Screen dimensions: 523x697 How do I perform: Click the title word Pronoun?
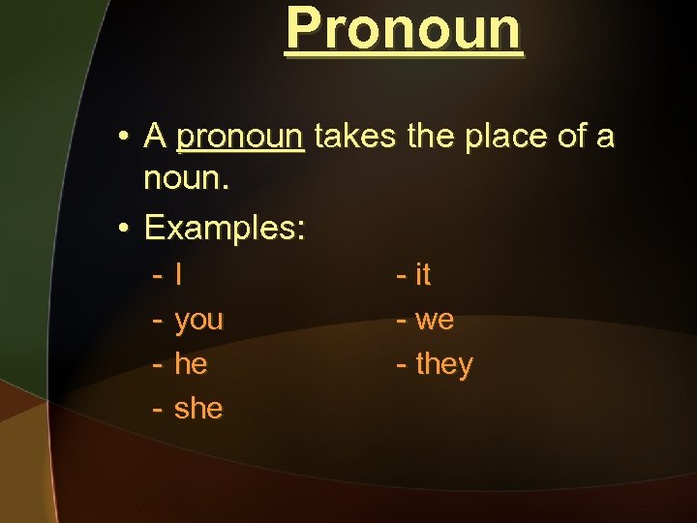point(404,29)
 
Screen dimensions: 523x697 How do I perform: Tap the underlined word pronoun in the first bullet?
point(241,138)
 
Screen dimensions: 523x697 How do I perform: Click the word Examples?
point(225,229)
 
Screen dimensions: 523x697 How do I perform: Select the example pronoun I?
point(179,275)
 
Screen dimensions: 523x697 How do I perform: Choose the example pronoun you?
point(198,321)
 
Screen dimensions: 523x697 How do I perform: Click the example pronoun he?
point(191,364)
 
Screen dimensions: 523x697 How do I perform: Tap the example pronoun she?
point(198,409)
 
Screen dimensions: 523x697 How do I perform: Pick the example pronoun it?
point(423,275)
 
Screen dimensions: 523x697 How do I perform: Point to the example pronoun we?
point(435,321)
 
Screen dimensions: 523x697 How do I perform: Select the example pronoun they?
point(444,365)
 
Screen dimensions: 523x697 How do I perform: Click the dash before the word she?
point(157,410)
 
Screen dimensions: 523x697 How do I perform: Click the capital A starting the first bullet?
point(155,138)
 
